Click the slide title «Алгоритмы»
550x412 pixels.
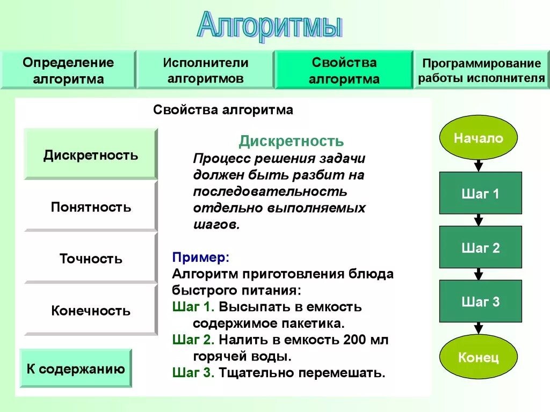[269, 25]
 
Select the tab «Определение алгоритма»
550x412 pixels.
[68, 70]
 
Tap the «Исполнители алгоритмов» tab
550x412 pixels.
[206, 70]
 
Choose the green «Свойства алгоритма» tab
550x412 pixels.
[344, 70]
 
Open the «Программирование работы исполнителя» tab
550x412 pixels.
[482, 70]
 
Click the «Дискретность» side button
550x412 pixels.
[91, 155]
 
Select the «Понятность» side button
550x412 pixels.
[91, 207]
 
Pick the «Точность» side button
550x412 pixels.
[91, 259]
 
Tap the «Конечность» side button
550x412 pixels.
[91, 311]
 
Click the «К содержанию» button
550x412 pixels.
[76, 369]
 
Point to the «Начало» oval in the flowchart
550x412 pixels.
[479, 138]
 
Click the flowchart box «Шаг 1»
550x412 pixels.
[480, 193]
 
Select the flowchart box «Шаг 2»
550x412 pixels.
[480, 247]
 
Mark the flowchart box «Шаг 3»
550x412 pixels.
[480, 301]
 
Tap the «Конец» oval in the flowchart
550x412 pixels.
[479, 357]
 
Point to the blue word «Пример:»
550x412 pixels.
[201, 257]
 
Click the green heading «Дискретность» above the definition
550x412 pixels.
[291, 141]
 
